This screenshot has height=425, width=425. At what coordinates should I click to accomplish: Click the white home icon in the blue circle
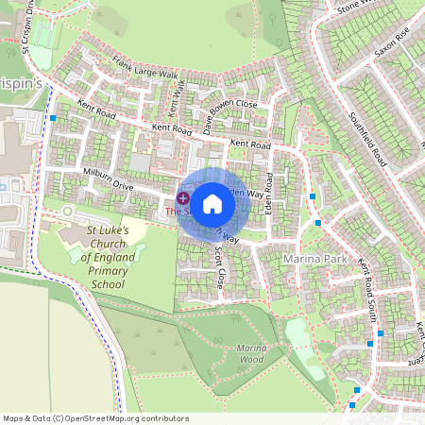point(212,202)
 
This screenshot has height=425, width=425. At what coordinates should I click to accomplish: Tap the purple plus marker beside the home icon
point(182,198)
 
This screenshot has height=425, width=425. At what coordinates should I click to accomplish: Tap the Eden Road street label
point(269,191)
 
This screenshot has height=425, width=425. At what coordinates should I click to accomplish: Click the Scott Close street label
point(220,268)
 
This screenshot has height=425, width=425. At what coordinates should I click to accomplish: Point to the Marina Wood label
point(251,353)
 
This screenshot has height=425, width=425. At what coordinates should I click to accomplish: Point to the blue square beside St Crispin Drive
point(54,118)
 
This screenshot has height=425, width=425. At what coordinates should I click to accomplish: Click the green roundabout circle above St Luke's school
point(68,210)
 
